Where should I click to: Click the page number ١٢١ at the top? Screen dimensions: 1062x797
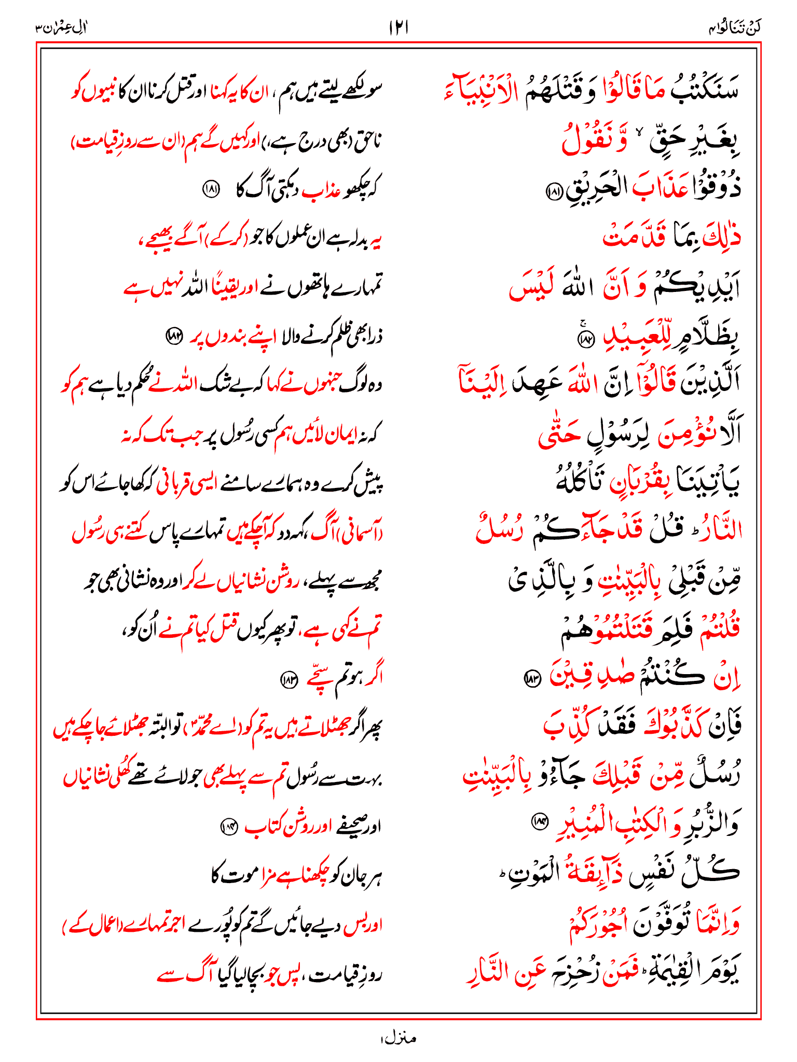coord(398,26)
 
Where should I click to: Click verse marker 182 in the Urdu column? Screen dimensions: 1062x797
coord(174,337)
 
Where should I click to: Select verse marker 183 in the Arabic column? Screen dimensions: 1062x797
coord(532,677)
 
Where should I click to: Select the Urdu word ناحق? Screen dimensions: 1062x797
coord(369,141)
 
